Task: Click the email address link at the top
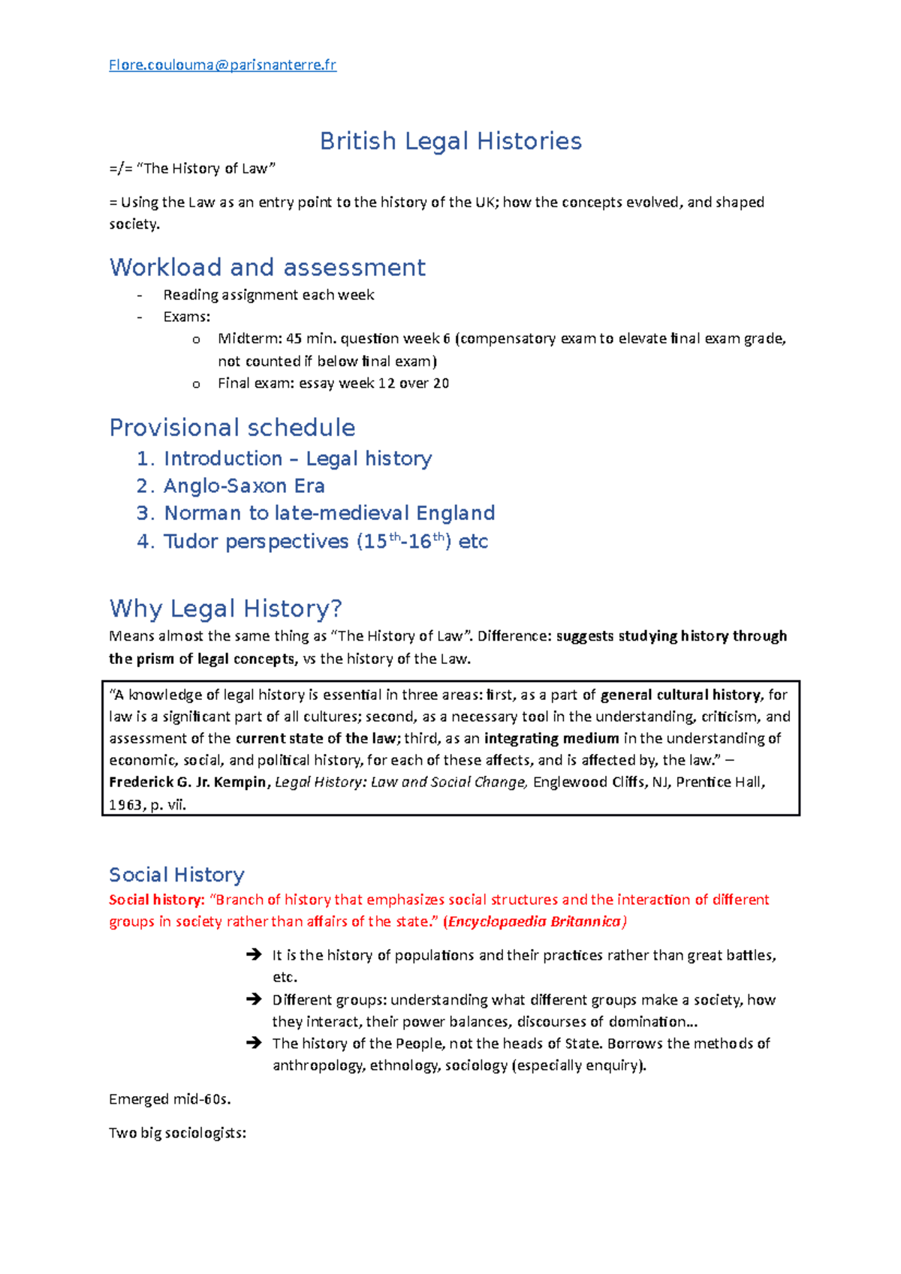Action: (x=222, y=65)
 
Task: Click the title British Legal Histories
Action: (x=450, y=141)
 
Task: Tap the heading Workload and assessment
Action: (x=267, y=267)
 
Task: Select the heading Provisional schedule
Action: (x=232, y=428)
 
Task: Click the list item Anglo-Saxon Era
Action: (x=244, y=486)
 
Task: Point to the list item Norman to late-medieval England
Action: (x=329, y=513)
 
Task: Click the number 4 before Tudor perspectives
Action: (x=144, y=542)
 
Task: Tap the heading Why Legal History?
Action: (x=225, y=608)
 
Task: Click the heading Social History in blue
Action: (x=176, y=875)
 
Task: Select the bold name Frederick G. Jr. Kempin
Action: (x=188, y=783)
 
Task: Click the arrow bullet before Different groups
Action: (x=254, y=999)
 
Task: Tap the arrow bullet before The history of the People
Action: (x=254, y=1043)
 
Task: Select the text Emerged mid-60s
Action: (x=170, y=1100)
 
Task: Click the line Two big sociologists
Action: (x=177, y=1134)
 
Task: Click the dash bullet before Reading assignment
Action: (x=140, y=296)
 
